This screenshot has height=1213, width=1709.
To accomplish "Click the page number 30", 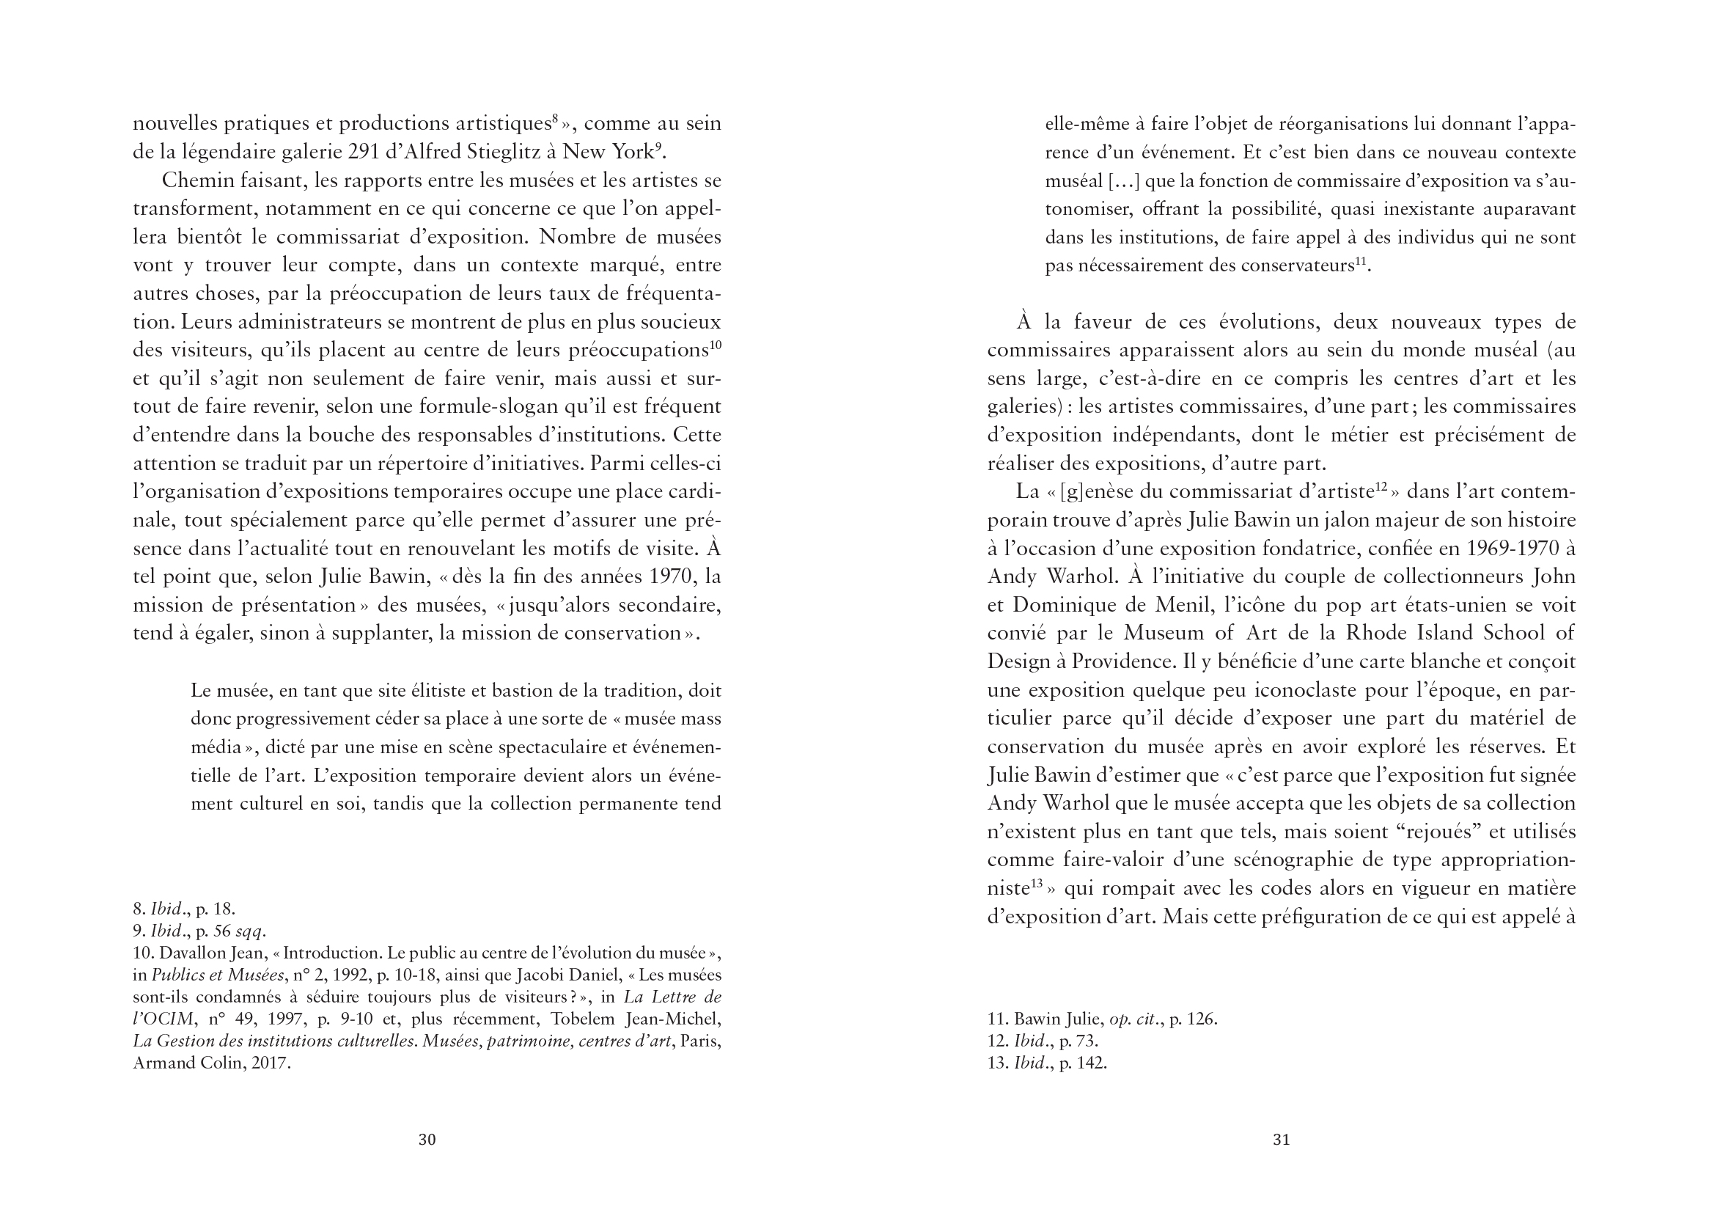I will point(426,1139).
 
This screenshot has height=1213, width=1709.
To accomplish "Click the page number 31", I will point(1281,1139).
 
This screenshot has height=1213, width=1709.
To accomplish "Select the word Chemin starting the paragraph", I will point(196,180).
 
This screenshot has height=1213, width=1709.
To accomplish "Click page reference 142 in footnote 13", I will point(1092,1063).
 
